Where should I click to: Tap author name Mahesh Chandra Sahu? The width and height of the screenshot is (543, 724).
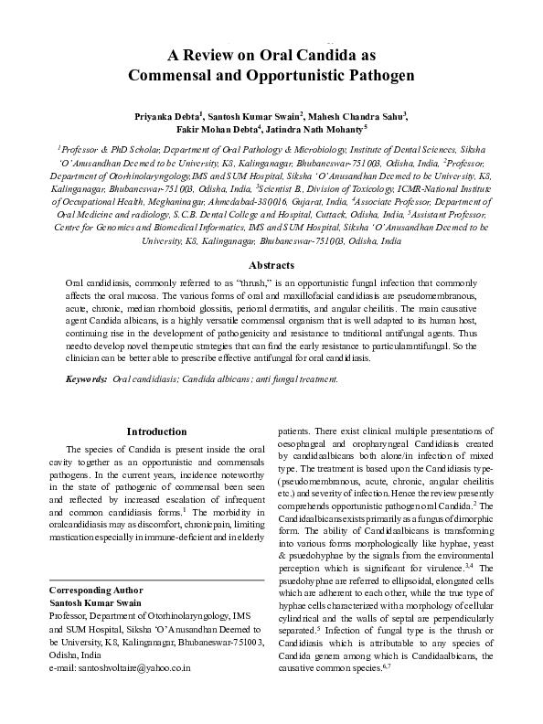point(360,116)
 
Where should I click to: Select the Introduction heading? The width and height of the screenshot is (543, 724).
point(157,431)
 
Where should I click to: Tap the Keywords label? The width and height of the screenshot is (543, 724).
point(87,378)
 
